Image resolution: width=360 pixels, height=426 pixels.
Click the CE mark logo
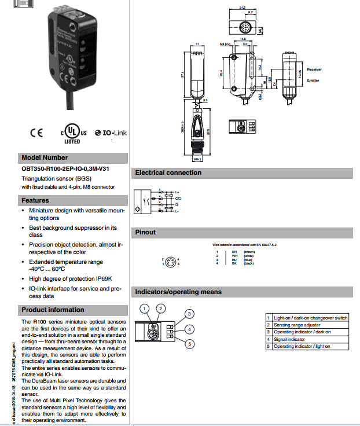36,133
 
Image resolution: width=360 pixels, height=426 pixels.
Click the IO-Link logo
110,133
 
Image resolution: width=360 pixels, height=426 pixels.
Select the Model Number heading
45,157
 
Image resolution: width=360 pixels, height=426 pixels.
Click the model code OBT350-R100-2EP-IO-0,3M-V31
65,169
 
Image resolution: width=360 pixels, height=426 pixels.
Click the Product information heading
53,310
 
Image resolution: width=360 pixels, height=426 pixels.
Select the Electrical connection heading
168,172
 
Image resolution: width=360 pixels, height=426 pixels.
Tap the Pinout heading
146,232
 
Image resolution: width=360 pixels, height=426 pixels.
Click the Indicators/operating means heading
178,292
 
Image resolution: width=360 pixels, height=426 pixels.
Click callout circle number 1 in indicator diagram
145,308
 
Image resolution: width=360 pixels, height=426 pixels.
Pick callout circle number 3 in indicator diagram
189,314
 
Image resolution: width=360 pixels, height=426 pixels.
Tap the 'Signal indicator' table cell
290,339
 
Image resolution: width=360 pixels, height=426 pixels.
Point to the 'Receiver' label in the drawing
314,69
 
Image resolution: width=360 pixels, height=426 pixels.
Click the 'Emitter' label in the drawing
313,80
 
